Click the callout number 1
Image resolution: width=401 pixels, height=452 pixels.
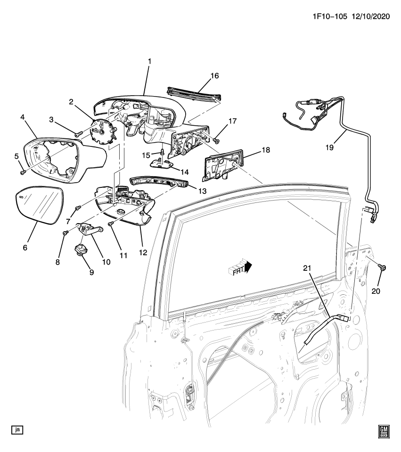(x=149, y=61)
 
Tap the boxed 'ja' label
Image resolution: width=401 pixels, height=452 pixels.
(x=17, y=429)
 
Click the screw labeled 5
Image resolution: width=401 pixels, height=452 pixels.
(x=22, y=172)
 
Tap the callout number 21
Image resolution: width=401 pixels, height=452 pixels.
(x=307, y=268)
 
